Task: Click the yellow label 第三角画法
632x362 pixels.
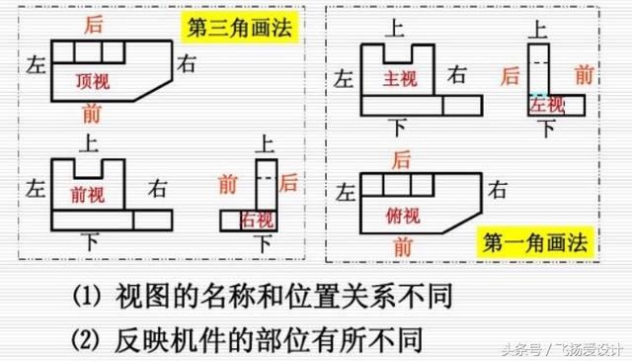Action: pos(241,26)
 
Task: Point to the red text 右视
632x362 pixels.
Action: pos(259,220)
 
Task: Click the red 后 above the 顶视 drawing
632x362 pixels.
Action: pos(94,23)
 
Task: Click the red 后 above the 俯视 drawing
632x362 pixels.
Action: pos(401,158)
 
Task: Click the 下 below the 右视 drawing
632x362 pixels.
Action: pos(263,242)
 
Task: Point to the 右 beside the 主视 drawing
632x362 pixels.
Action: pos(456,73)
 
